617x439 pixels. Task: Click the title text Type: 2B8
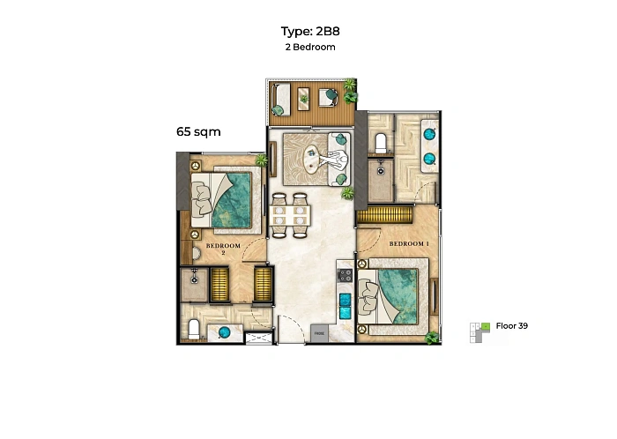[x=310, y=31]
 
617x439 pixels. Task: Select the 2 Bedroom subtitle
[x=310, y=48]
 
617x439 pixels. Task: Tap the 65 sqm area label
[x=198, y=131]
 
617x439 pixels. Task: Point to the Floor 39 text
[x=511, y=325]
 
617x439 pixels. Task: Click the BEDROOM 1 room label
[x=409, y=244]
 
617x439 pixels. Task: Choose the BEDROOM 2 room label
[x=223, y=249]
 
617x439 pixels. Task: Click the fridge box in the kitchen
[x=319, y=333]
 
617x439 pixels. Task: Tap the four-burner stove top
[x=346, y=275]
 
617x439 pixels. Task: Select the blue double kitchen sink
[x=346, y=306]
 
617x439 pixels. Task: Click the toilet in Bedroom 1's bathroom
[x=381, y=143]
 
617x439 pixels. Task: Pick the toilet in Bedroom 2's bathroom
[x=194, y=330]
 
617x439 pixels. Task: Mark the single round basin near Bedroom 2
[x=224, y=333]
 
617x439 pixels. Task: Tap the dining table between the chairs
[x=290, y=216]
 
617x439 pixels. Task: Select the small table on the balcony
[x=303, y=99]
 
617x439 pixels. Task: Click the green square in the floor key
[x=486, y=326]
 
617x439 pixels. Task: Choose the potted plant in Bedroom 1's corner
[x=432, y=337]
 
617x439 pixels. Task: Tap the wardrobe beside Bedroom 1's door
[x=384, y=215]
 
